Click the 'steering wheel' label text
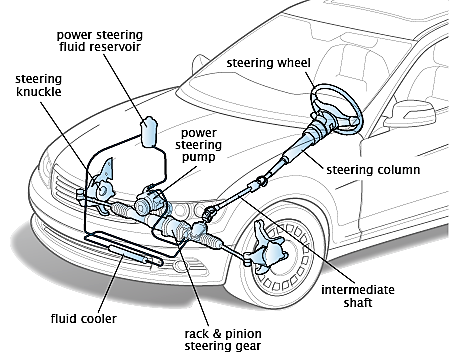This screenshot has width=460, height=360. [268, 63]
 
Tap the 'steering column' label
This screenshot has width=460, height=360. [373, 170]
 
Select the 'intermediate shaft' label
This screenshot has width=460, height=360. [358, 296]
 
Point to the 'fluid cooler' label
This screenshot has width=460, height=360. [84, 319]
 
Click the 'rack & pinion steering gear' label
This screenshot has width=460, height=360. [223, 340]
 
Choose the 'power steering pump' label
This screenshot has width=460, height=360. [198, 145]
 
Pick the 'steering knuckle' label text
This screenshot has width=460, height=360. [39, 85]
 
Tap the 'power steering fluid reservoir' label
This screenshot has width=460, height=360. [100, 41]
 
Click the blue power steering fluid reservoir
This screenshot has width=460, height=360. [149, 132]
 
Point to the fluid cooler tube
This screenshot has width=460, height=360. [135, 255]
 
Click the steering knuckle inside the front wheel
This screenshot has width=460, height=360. [267, 248]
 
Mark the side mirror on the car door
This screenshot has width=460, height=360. [410, 114]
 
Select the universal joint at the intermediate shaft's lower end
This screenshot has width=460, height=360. [210, 213]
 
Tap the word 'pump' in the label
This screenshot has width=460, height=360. [198, 157]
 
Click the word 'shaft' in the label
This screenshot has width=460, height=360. [358, 303]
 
